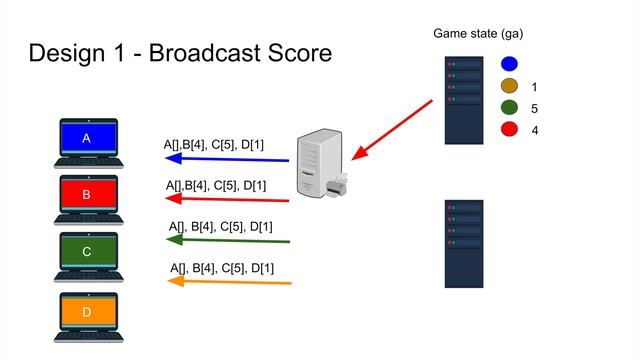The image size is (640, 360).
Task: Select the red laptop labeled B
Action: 87,198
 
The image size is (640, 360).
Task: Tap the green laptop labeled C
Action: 87,254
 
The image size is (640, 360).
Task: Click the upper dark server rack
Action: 464,100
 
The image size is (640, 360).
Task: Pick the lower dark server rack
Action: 464,243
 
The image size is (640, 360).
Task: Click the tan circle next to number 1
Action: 510,87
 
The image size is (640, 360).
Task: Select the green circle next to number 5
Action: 510,109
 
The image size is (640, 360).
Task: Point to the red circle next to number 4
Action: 510,130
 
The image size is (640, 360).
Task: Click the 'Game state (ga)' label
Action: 478,34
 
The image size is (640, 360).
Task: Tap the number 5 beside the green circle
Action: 536,109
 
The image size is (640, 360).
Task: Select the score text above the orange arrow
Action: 222,268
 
